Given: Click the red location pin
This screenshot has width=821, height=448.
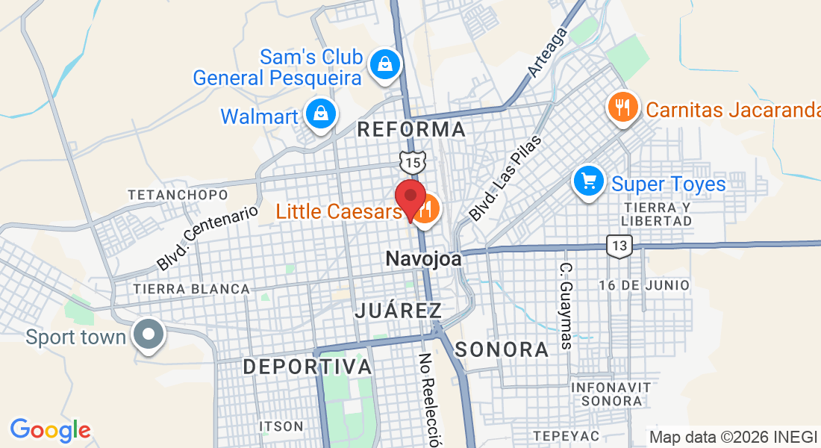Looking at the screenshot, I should pyautogui.click(x=410, y=198).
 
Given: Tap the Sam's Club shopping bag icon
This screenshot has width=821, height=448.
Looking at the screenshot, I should pyautogui.click(x=384, y=64).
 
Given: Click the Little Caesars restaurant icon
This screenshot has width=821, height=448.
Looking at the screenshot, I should pyautogui.click(x=425, y=209).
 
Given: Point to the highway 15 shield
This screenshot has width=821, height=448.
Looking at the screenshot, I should pyautogui.click(x=412, y=161).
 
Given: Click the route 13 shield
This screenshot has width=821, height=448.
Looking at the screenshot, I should pyautogui.click(x=619, y=245).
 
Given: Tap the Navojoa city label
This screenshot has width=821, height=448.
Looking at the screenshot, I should pyautogui.click(x=423, y=260).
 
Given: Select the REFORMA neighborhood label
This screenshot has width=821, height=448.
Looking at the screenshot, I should pyautogui.click(x=411, y=130).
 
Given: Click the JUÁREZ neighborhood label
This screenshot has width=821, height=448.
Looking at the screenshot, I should pyautogui.click(x=398, y=311).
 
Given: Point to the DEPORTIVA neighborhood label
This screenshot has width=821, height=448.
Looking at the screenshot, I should pyautogui.click(x=307, y=367).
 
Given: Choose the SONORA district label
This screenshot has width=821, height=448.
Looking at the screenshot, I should pyautogui.click(x=502, y=349).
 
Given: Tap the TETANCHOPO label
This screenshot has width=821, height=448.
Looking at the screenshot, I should pyautogui.click(x=177, y=195).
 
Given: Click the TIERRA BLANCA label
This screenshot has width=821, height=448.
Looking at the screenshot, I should pyautogui.click(x=191, y=289).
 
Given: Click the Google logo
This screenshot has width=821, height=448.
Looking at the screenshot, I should pyautogui.click(x=50, y=430).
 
